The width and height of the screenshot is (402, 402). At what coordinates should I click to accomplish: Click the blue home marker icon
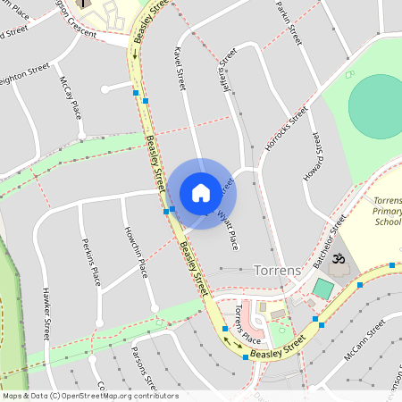201,193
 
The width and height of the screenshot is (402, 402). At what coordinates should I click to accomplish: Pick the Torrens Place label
247,327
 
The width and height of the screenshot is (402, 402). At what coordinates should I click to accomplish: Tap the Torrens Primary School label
388,211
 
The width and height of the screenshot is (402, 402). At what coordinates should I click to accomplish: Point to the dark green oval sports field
375,105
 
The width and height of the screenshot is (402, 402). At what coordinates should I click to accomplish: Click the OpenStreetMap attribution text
89,395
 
